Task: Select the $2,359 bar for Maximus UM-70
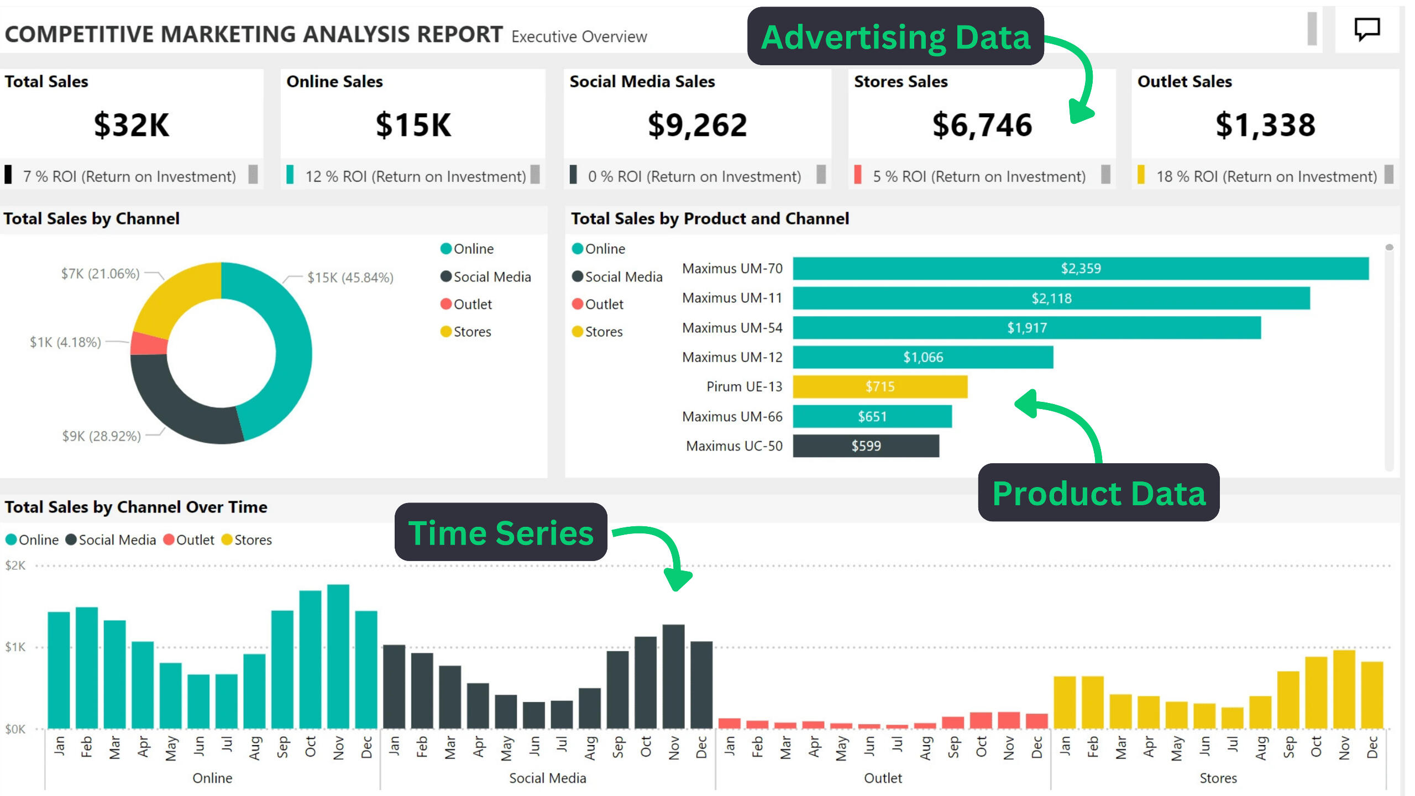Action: coord(1081,269)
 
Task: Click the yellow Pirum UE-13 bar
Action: coord(880,386)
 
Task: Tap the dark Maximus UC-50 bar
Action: coord(866,446)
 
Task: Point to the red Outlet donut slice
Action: coord(149,343)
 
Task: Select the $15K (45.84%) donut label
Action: coord(350,277)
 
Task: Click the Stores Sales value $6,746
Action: coord(982,125)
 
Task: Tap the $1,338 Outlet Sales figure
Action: coord(1265,125)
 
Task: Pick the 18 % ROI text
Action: coord(1266,176)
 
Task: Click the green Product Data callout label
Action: coord(1098,493)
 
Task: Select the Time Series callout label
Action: coord(501,532)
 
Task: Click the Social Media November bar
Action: coord(674,677)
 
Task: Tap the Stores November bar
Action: coord(1344,689)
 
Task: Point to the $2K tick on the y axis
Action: coord(15,565)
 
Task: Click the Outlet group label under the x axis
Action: coord(883,778)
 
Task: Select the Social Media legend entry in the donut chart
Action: coord(491,277)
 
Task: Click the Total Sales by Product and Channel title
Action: coord(710,219)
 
